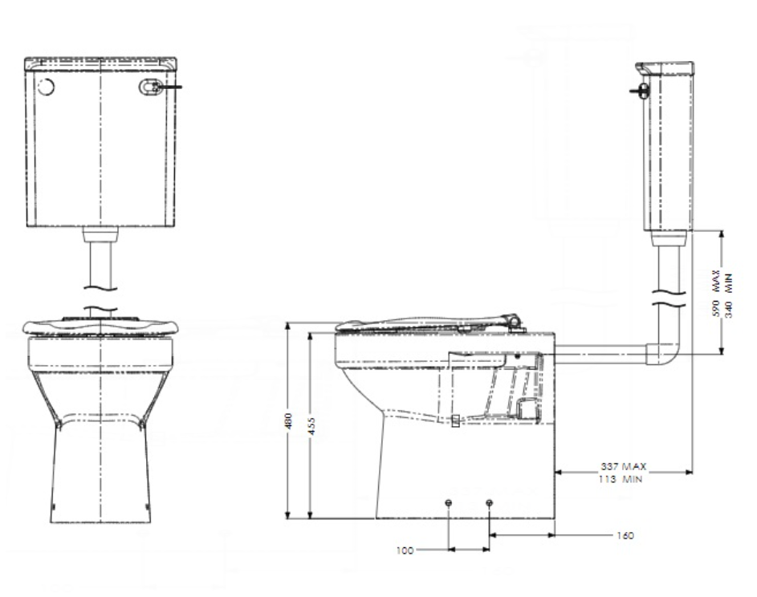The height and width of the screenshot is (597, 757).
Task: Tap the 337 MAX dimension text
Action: (x=624, y=465)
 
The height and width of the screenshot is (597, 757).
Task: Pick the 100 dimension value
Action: (x=405, y=550)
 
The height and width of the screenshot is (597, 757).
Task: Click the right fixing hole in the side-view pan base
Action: (x=490, y=502)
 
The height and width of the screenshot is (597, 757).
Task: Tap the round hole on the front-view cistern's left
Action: (x=46, y=87)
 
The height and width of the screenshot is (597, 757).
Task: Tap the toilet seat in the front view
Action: (x=100, y=326)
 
